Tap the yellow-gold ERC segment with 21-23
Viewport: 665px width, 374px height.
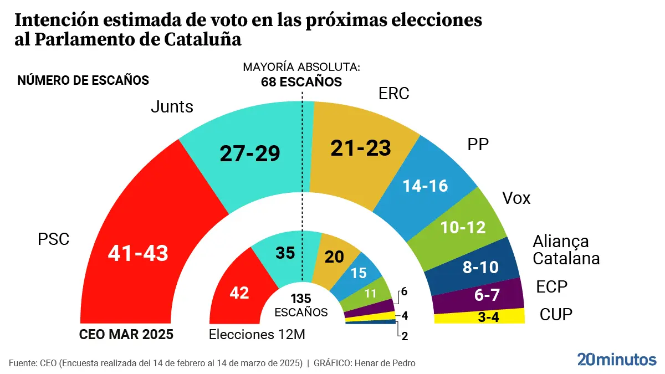pyautogui.click(x=361, y=147)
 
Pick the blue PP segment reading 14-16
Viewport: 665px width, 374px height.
pyautogui.click(x=425, y=186)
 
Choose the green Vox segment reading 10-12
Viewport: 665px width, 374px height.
pyautogui.click(x=463, y=227)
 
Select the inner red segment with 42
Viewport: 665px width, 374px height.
pyautogui.click(x=239, y=292)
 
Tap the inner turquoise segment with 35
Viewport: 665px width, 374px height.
pyautogui.click(x=286, y=252)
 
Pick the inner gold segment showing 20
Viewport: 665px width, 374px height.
pyautogui.click(x=335, y=257)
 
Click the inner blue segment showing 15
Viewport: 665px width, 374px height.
pyautogui.click(x=359, y=273)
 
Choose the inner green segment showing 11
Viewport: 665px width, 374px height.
pyautogui.click(x=370, y=294)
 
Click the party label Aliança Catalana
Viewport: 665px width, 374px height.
pyautogui.click(x=566, y=250)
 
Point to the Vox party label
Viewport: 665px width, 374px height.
pyautogui.click(x=516, y=198)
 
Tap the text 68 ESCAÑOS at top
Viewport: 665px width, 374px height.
pyautogui.click(x=301, y=82)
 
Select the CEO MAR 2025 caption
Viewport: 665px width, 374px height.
pyautogui.click(x=126, y=335)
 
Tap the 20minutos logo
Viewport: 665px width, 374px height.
pyautogui.click(x=616, y=360)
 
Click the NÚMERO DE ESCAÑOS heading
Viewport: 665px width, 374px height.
pyautogui.click(x=83, y=80)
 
